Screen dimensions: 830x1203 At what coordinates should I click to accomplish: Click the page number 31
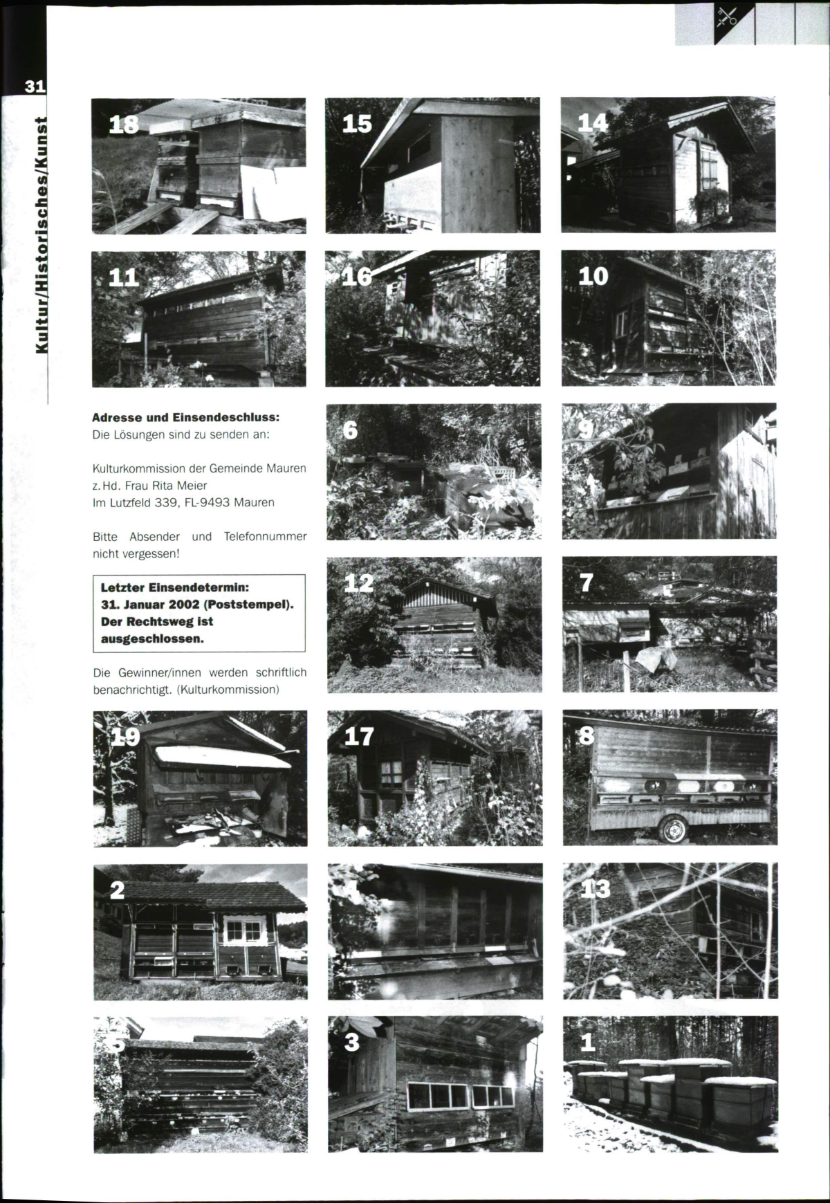coord(35,86)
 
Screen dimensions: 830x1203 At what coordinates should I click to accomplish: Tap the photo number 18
coord(124,124)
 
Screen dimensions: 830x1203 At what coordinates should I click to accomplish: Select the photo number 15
coord(357,124)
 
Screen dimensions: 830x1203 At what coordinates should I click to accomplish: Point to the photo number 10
coord(593,276)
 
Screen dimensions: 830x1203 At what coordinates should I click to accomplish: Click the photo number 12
coord(359,583)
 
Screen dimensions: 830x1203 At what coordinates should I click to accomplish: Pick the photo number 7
coord(587,583)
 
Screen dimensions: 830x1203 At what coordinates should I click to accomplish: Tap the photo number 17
coord(359,737)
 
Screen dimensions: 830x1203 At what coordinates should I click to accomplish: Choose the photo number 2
coord(118,890)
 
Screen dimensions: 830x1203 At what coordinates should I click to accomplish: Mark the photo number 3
coord(352,1043)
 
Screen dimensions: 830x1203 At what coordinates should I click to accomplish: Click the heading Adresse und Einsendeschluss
coord(186,418)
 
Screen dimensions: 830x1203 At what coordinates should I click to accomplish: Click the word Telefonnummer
coord(265,536)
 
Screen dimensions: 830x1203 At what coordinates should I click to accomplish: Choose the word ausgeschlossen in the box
coord(152,639)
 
